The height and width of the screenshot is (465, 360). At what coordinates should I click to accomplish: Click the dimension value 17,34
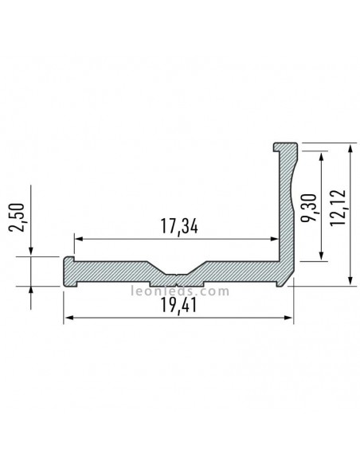click(x=177, y=226)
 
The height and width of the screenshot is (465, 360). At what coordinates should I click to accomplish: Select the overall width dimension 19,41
click(x=177, y=307)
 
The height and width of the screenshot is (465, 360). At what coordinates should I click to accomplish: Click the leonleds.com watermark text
click(x=179, y=291)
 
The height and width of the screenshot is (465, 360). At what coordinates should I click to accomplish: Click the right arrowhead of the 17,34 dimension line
click(x=273, y=237)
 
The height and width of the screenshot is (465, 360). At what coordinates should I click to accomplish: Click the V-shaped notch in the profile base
click(x=174, y=276)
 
